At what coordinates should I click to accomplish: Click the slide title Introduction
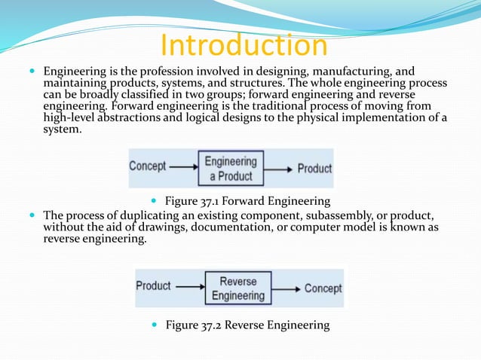244,45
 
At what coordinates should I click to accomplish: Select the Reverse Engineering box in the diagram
237,288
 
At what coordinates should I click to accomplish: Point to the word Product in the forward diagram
314,169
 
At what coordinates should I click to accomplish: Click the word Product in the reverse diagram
154,286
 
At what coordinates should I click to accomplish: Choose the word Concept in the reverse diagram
323,288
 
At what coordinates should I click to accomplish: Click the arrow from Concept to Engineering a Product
185,166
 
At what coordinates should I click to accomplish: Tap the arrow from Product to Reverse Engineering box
190,286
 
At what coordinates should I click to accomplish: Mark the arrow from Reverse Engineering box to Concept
286,288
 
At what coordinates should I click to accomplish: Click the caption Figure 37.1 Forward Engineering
247,201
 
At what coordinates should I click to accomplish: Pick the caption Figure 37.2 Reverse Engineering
247,325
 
